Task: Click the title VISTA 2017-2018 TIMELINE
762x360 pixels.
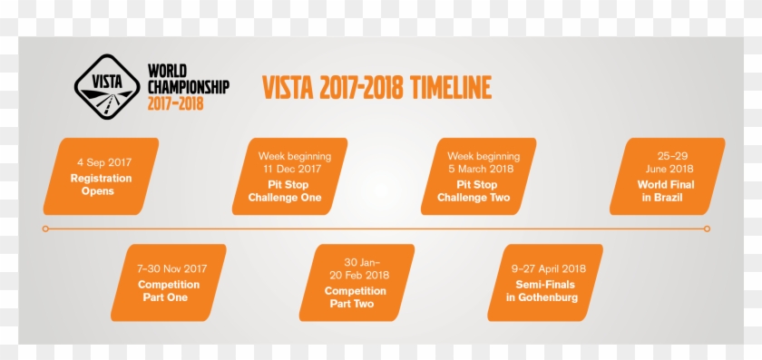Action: [x=376, y=88]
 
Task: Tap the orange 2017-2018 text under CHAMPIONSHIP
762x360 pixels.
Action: [x=175, y=103]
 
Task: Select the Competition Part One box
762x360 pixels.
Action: [x=169, y=282]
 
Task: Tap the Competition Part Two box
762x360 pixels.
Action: [x=357, y=282]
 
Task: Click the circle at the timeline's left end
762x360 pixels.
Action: [x=45, y=229]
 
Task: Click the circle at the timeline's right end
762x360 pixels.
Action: [x=708, y=229]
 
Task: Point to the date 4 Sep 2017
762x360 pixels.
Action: [x=104, y=163]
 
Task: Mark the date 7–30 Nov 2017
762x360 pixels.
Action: [x=172, y=269]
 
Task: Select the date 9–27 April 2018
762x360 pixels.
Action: [x=549, y=269]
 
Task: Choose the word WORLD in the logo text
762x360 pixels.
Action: [x=166, y=72]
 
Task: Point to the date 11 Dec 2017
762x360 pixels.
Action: [x=292, y=170]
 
